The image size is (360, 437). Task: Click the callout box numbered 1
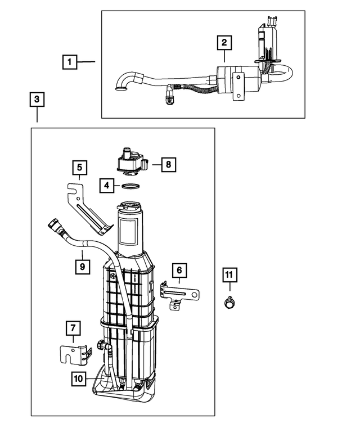70,61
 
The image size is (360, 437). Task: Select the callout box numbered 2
224,42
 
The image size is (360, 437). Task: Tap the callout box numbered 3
37,100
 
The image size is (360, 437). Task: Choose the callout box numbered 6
179,271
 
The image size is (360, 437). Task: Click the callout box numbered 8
167,165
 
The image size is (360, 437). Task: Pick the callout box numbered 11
229,275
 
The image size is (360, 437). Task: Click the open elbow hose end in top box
120,86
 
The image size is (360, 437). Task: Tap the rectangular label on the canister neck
130,232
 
